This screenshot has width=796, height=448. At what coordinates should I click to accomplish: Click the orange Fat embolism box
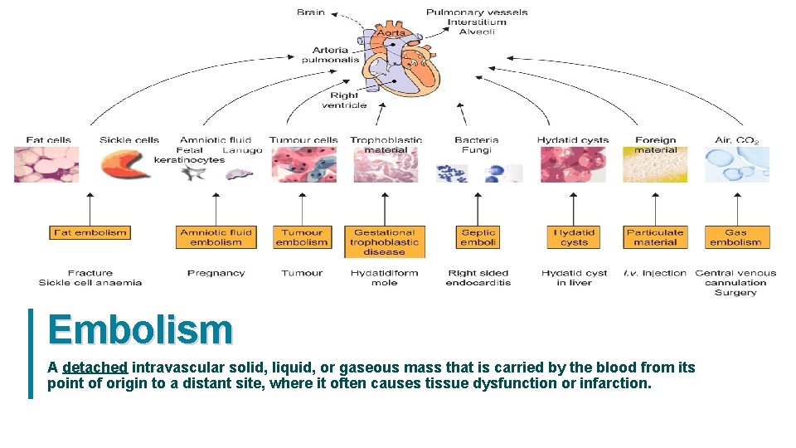90,233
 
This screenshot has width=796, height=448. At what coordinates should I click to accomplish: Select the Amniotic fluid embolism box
216,237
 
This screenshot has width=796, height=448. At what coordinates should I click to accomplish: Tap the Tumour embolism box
301,237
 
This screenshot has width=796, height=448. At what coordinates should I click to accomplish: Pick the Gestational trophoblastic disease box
384,241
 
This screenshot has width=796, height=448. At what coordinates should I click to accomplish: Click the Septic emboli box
478,237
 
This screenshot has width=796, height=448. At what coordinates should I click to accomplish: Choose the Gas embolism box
736,237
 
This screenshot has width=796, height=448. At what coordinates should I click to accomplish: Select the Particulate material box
655,237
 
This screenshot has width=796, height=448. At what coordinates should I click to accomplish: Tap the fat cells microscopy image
46,164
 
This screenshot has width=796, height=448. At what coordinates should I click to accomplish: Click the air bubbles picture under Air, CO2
737,164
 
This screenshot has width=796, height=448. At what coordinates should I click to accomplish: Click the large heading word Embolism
140,329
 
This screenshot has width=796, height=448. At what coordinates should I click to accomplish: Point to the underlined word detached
95,368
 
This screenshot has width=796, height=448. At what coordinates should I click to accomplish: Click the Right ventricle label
344,100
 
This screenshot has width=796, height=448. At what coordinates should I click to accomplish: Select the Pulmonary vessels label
477,12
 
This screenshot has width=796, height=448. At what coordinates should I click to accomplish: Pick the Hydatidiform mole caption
385,277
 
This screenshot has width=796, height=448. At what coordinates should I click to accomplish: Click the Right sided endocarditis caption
478,277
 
